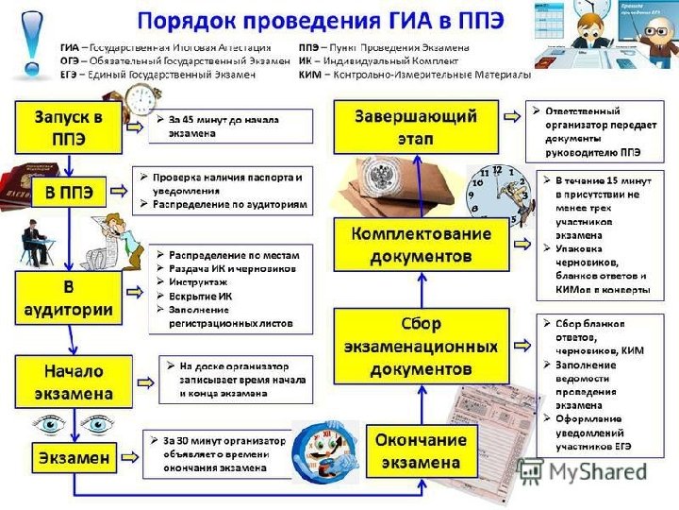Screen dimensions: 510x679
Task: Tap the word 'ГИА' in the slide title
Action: (406, 20)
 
